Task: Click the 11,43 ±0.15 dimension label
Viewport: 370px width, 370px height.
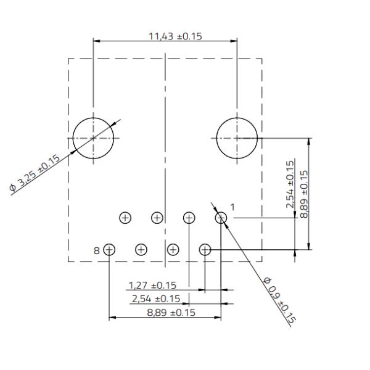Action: click(176, 36)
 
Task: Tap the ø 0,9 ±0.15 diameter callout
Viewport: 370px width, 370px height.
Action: click(279, 302)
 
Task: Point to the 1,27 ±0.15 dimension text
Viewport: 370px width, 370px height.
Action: click(152, 286)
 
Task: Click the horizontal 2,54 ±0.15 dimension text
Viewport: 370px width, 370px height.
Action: click(155, 299)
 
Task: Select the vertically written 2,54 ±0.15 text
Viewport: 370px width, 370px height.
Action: click(290, 184)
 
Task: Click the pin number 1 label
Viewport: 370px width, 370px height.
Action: click(232, 206)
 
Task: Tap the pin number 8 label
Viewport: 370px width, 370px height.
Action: click(97, 250)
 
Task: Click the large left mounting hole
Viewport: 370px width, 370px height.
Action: click(93, 138)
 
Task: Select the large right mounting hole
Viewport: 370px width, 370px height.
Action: click(237, 138)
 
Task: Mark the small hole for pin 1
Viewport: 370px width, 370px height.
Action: click(221, 218)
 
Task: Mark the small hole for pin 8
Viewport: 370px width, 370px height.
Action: click(109, 250)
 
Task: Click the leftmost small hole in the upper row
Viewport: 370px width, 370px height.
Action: click(125, 218)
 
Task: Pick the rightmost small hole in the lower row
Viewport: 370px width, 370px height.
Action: click(205, 250)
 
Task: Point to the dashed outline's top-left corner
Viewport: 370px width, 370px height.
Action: click(68, 59)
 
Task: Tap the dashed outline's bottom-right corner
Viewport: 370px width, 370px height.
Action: click(261, 261)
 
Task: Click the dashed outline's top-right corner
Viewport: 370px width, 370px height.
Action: click(261, 59)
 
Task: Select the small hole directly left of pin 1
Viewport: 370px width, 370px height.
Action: click(189, 218)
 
